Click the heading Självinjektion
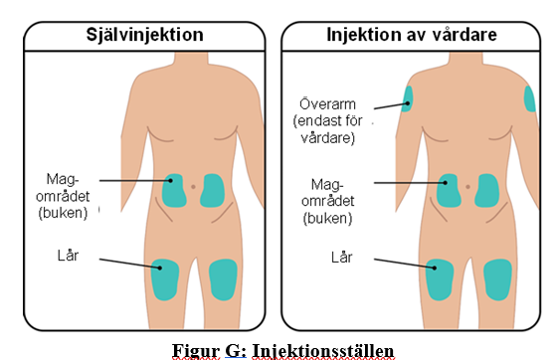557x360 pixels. (144, 35)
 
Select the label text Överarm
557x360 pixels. (327, 104)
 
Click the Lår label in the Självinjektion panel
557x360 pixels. (68, 256)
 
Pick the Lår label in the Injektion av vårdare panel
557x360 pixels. (342, 257)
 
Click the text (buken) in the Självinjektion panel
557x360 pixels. (63, 213)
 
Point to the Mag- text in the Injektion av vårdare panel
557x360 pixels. (327, 184)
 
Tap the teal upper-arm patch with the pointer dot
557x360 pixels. (407, 99)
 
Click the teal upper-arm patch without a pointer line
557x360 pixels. (529, 99)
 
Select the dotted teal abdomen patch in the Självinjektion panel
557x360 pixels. (174, 191)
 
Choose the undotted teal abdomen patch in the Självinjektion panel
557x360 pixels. (212, 191)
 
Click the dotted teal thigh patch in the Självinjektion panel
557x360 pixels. (165, 279)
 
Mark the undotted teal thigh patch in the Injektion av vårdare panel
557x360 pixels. (497, 279)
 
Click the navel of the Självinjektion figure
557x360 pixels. (193, 186)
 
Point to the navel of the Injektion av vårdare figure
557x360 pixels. (467, 186)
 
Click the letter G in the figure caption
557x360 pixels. (233, 351)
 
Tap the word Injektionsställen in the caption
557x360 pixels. (323, 351)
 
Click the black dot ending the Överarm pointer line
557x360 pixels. (408, 103)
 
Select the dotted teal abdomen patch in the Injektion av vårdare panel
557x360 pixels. (449, 191)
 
